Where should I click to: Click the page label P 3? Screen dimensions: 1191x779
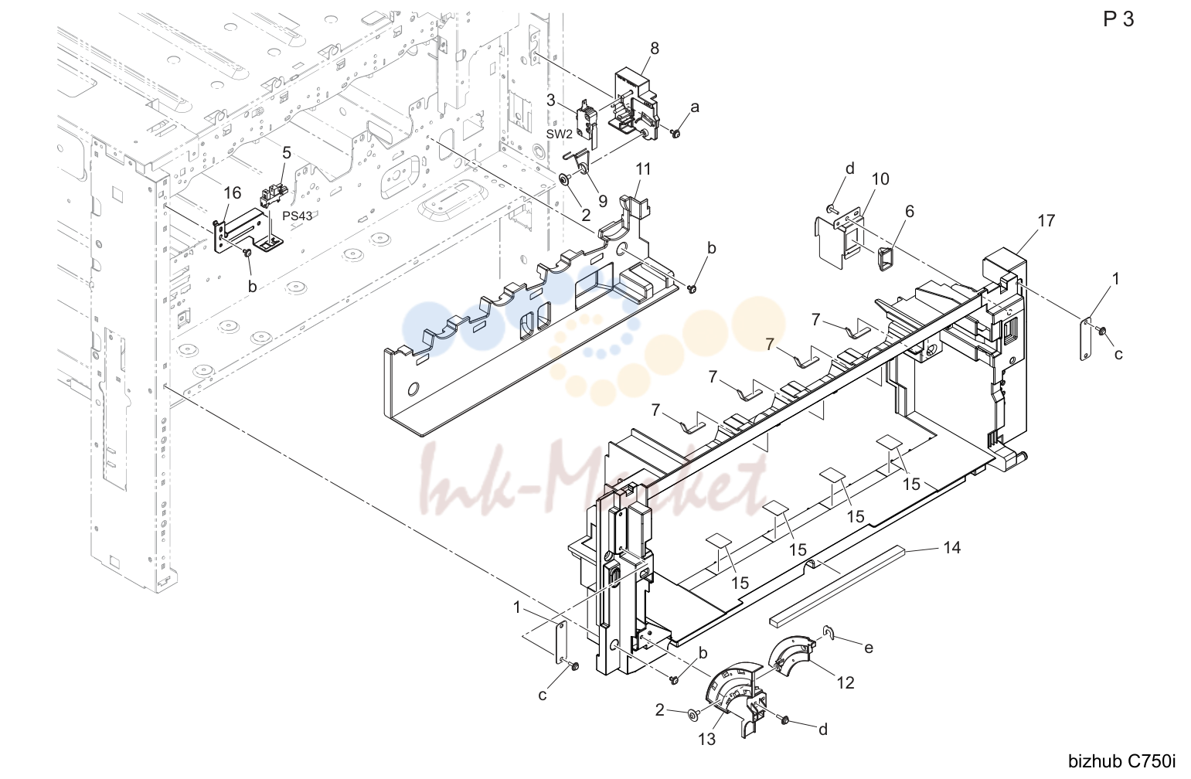[1118, 19]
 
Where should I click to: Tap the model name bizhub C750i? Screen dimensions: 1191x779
[1122, 761]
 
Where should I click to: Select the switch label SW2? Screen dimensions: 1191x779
[559, 134]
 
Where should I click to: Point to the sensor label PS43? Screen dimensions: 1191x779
[298, 216]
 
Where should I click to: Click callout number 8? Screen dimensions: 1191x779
[655, 49]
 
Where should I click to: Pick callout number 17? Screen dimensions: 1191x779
[1046, 221]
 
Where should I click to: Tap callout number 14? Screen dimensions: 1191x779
[951, 548]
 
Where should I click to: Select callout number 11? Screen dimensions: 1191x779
[643, 169]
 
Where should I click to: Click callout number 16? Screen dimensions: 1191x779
[233, 192]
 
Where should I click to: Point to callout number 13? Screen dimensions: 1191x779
[706, 739]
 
